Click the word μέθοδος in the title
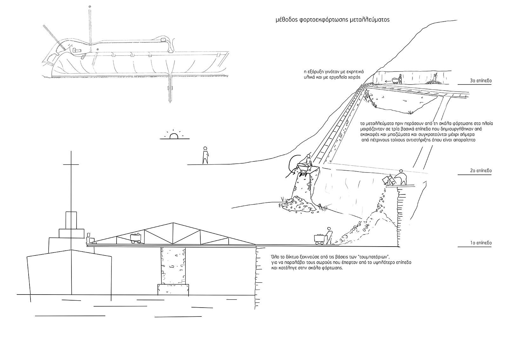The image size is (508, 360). (286, 20)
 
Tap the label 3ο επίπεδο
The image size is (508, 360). (481, 81)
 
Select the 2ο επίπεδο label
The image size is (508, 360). (481, 171)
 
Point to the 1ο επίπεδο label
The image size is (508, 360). (481, 243)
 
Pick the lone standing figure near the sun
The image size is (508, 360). (205, 155)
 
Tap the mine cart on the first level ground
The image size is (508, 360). (319, 240)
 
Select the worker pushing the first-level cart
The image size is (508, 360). (329, 236)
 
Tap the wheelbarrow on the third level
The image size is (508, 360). (395, 81)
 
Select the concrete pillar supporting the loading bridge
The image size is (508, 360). (173, 266)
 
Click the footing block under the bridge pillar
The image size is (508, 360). (173, 290)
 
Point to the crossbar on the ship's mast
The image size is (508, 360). (71, 164)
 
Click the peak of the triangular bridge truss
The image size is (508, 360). (173, 223)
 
